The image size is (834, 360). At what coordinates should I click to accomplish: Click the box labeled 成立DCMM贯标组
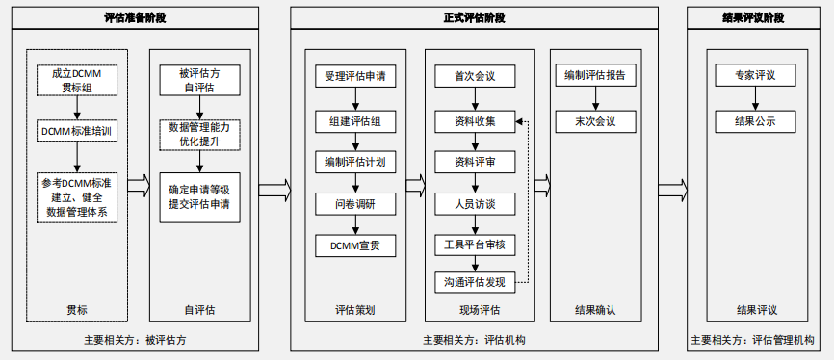(77, 81)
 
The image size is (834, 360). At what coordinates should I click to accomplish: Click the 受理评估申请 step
(355, 76)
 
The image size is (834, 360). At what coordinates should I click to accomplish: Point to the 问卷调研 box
(355, 203)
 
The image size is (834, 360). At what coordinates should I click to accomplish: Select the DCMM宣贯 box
(355, 245)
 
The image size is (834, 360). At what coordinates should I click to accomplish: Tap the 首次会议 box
(475, 76)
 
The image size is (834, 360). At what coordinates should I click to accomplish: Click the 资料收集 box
(475, 122)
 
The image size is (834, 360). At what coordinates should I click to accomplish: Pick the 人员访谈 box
(475, 203)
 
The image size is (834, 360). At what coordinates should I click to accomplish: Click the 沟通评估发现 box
(475, 282)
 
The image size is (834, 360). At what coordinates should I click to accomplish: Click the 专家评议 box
(755, 76)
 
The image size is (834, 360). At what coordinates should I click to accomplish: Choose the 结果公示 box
(755, 122)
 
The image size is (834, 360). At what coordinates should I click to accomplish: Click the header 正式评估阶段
(474, 17)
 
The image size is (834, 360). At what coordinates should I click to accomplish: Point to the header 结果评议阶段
(753, 17)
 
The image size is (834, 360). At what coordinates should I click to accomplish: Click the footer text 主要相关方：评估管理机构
(753, 340)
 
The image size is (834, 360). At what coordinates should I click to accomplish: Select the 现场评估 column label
(475, 310)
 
